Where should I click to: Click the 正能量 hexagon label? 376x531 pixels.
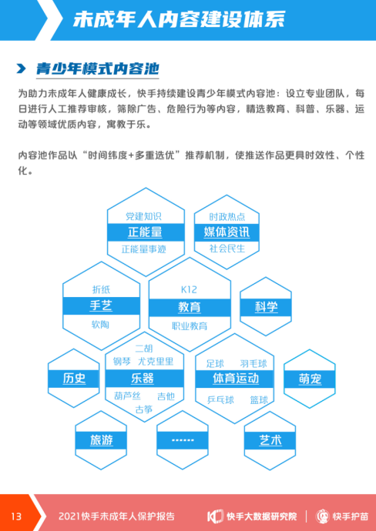(x=145, y=232)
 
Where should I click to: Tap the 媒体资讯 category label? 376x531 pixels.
(x=227, y=232)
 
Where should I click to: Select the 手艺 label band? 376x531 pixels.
(x=101, y=306)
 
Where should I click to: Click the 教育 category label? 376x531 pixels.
(x=190, y=308)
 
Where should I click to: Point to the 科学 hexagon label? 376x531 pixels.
(x=266, y=307)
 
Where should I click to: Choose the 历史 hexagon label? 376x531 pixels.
(x=74, y=379)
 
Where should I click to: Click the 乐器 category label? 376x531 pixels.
(x=143, y=379)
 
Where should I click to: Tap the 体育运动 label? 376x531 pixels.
(x=236, y=379)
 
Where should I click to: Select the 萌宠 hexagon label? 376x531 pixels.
(x=310, y=379)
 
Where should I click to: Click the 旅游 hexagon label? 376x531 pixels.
(x=102, y=440)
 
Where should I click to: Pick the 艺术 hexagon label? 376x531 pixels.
(x=270, y=441)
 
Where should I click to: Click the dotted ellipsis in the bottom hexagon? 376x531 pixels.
(x=183, y=440)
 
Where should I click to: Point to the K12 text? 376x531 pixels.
(x=189, y=290)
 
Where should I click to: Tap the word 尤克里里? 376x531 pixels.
(x=156, y=362)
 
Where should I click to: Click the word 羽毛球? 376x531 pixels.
(x=253, y=364)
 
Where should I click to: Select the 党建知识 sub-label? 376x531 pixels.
(x=143, y=216)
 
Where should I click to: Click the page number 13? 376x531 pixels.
(x=16, y=516)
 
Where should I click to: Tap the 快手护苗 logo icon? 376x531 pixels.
(x=322, y=516)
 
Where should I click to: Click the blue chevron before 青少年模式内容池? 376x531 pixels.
(x=22, y=68)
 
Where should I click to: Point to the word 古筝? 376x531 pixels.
(x=144, y=409)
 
